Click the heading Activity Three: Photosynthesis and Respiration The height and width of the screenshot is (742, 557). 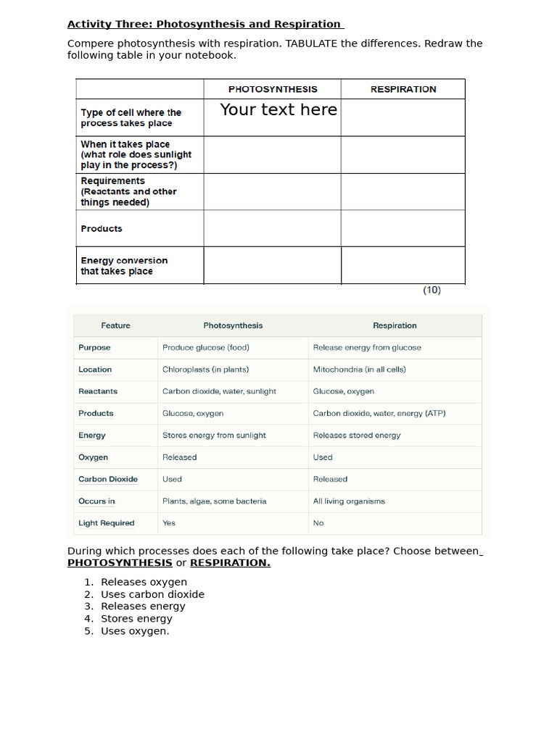coord(205,24)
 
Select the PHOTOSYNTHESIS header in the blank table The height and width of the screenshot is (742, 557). coord(273,89)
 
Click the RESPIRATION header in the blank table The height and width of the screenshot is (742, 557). coord(403,89)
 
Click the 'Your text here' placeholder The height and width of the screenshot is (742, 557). coord(278,109)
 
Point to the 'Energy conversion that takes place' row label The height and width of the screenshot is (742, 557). coord(124,266)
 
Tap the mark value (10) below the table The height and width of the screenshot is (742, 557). coord(432,290)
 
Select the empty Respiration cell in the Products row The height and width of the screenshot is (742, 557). coord(403,228)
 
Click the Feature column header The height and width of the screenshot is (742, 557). coord(115,325)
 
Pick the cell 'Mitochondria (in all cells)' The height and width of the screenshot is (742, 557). coord(359,370)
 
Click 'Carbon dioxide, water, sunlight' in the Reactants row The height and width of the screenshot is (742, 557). coord(219,391)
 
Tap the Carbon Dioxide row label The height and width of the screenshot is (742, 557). coord(108,479)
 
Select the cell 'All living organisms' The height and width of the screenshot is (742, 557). coord(349,501)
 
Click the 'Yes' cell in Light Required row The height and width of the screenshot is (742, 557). coord(169,523)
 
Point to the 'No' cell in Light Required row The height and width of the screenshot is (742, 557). coord(318,523)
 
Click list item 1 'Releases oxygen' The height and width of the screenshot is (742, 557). coord(144,582)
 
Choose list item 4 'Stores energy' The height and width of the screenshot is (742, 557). coord(136,619)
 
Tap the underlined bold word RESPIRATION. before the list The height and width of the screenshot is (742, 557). coord(230,563)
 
